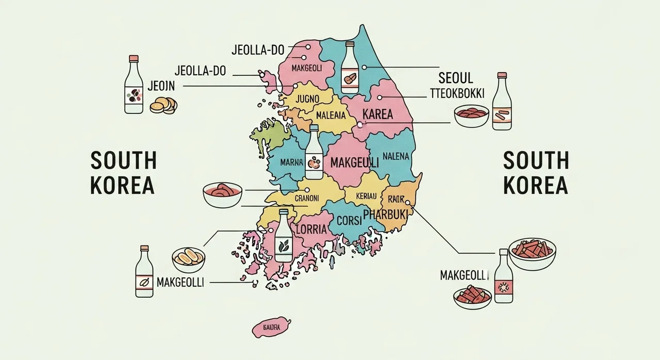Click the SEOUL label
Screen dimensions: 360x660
tap(455, 78)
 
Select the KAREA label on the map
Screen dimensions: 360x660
tap(378, 114)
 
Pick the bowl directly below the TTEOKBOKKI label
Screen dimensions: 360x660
tap(471, 116)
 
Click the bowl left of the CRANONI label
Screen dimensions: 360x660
tap(222, 194)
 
